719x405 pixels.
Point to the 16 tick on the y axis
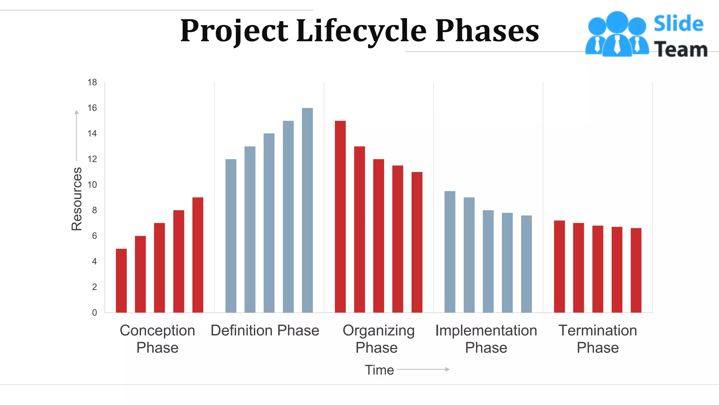click(x=92, y=108)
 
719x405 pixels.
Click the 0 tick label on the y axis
click(x=94, y=313)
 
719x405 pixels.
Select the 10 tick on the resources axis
click(x=92, y=185)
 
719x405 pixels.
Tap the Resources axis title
click(x=77, y=199)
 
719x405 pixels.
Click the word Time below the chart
click(x=379, y=370)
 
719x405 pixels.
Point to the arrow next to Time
click(x=423, y=369)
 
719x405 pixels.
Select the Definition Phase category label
click(x=265, y=330)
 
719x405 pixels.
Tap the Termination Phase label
click(x=598, y=339)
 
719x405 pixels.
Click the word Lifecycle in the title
click(x=361, y=31)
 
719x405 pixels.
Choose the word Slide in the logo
click(x=678, y=24)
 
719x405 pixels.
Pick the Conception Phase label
click(x=157, y=339)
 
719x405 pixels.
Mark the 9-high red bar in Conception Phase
click(x=198, y=255)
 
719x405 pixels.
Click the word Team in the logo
click(x=680, y=49)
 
